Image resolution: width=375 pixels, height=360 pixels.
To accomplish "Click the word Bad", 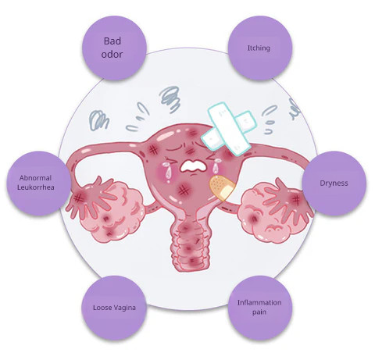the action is click(112, 41).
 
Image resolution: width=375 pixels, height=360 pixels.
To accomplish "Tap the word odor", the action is click(112, 54).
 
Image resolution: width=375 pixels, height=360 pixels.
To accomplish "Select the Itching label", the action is click(259, 48).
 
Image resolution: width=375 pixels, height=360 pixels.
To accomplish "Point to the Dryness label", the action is click(334, 183).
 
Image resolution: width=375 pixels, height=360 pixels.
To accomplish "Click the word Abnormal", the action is click(35, 178).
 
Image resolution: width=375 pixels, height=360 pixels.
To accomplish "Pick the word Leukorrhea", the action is click(36, 187).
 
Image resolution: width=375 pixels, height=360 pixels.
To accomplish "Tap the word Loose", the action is click(102, 308).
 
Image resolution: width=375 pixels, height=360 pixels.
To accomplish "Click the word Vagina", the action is click(124, 308).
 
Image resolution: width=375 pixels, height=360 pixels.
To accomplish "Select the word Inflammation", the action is click(259, 303).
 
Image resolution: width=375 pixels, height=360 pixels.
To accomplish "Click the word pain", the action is click(259, 312).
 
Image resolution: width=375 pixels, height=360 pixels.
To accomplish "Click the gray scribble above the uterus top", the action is click(170, 99).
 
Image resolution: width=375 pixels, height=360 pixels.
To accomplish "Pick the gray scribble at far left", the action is click(98, 119).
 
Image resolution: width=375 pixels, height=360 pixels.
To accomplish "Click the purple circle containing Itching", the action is click(260, 48).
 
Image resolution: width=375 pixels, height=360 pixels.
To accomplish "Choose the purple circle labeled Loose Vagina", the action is click(114, 308).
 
